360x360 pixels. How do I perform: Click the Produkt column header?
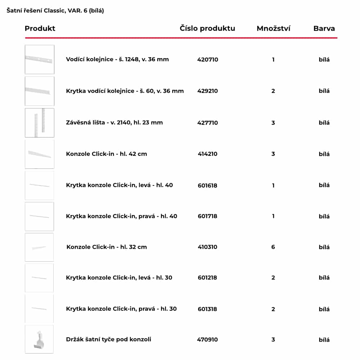pyautogui.click(x=40, y=28)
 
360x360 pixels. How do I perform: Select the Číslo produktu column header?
pyautogui.click(x=207, y=28)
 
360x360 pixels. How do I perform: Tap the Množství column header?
pyautogui.click(x=273, y=28)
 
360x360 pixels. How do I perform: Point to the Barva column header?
pyautogui.click(x=324, y=28)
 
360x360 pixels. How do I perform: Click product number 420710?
pyautogui.click(x=208, y=59)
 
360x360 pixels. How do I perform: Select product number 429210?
pyautogui.click(x=208, y=91)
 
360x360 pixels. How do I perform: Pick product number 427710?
pyautogui.click(x=208, y=123)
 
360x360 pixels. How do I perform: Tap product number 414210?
pyautogui.click(x=208, y=154)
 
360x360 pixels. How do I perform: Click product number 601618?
pyautogui.click(x=208, y=185)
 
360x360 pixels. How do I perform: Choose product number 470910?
pyautogui.click(x=208, y=339)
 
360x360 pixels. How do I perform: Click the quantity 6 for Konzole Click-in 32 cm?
pyautogui.click(x=273, y=247)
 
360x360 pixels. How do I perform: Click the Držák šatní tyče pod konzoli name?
pyautogui.click(x=108, y=339)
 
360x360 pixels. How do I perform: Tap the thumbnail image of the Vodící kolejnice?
pyautogui.click(x=40, y=59)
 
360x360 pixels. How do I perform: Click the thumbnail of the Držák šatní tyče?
pyautogui.click(x=39, y=339)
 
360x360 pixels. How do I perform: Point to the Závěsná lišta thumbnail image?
pyautogui.click(x=40, y=123)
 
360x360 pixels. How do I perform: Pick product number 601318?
pyautogui.click(x=208, y=309)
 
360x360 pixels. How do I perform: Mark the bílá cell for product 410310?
pyautogui.click(x=324, y=247)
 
